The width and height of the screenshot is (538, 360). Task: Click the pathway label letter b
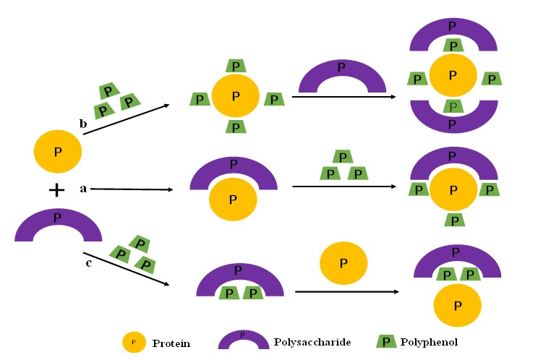coord(83,124)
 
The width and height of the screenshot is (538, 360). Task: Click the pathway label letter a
coord(83,189)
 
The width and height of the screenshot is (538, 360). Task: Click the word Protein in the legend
coord(171,343)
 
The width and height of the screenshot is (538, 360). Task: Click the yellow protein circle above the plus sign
coord(57,153)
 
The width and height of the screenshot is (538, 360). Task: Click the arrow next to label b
coord(127,120)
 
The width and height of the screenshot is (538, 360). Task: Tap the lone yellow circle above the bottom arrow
coord(343,262)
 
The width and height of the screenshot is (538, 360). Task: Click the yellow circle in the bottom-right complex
coord(457,305)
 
